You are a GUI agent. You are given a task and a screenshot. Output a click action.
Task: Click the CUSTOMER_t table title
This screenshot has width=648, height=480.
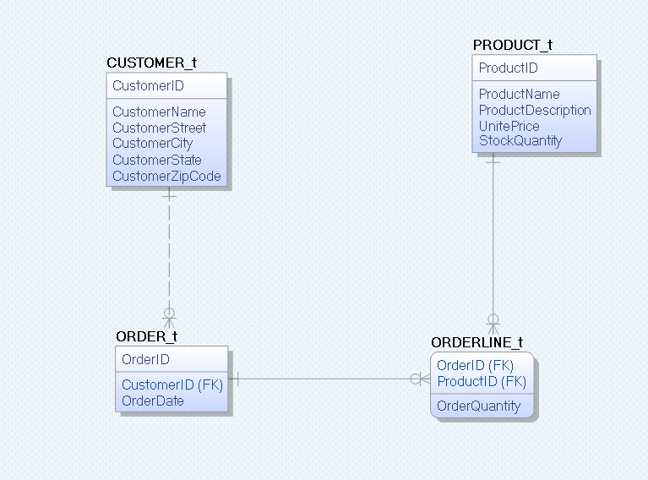[x=151, y=63]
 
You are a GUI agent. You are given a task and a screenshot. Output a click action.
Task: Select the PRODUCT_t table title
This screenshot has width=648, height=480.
[x=513, y=45]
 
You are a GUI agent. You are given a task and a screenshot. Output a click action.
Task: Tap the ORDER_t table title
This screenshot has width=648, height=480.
[x=146, y=336]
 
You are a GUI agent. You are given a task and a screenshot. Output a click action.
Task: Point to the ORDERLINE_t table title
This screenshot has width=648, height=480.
[x=476, y=342]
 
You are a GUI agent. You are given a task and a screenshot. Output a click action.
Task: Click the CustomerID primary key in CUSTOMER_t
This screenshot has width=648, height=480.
[x=148, y=85]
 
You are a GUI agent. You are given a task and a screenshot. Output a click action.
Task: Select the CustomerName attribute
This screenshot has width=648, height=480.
[x=159, y=112]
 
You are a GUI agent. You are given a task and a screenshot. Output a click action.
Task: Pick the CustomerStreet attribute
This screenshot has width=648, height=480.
[x=159, y=128]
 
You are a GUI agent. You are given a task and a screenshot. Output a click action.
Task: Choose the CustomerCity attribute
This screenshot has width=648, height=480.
[x=152, y=144]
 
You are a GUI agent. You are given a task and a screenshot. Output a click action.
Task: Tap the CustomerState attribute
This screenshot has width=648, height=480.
[x=157, y=160]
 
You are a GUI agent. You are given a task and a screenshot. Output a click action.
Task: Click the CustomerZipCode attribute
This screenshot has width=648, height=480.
[x=166, y=176]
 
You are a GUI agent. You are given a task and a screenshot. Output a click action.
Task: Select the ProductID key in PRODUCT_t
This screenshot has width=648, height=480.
[x=508, y=68]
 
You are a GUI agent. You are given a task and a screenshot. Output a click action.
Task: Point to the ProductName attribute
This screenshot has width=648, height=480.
[x=519, y=94]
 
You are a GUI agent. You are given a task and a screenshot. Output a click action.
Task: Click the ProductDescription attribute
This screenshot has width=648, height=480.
[x=535, y=110]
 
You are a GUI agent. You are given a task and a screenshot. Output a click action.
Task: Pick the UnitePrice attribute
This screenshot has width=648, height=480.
[x=509, y=126]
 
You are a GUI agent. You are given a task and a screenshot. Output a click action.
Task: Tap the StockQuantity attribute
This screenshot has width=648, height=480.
[x=520, y=141]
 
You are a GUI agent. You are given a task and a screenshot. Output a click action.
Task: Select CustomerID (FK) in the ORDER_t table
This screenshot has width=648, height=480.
[x=172, y=385]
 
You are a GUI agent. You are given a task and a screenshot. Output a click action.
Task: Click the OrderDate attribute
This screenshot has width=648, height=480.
[x=152, y=401]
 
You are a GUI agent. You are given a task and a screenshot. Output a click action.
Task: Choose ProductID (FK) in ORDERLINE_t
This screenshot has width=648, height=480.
[x=482, y=381]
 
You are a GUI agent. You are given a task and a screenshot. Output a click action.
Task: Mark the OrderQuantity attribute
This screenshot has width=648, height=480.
[x=478, y=406]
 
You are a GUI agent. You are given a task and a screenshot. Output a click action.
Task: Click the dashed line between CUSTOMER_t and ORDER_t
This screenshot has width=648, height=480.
[x=169, y=254]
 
